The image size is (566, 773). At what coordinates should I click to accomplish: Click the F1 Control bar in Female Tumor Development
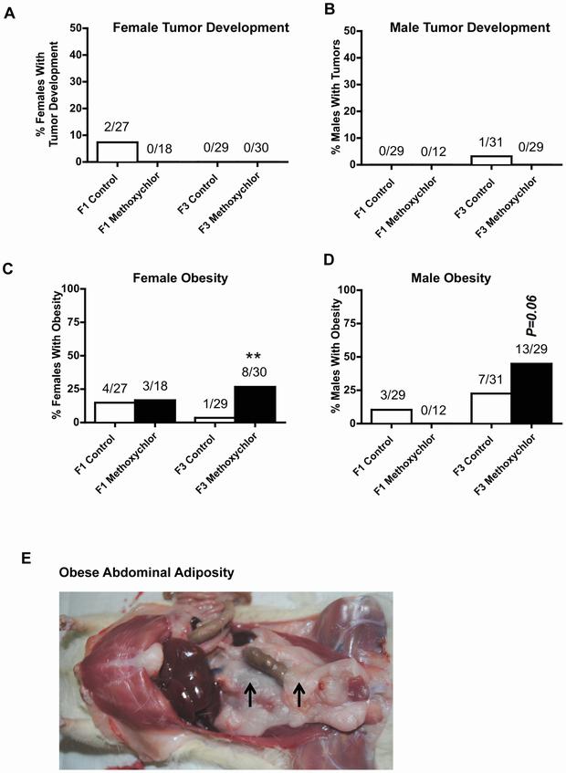(x=117, y=151)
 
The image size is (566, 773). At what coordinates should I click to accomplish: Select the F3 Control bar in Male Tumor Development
(x=491, y=160)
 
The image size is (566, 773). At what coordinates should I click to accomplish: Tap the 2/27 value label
(x=117, y=130)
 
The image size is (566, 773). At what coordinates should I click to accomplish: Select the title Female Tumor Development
(x=201, y=27)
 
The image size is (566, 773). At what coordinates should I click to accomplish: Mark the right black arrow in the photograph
(x=298, y=696)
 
